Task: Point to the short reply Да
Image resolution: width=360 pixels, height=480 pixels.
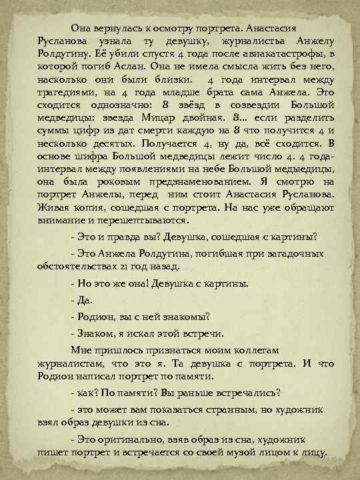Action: [x=83, y=299]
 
